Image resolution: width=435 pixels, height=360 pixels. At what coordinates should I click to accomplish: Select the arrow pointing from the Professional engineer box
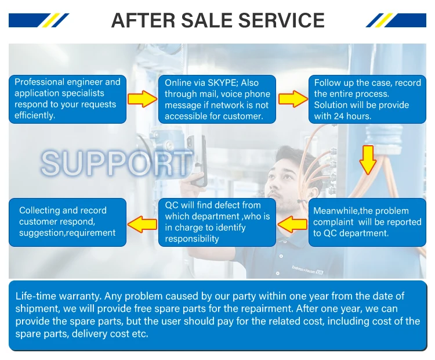click(x=142, y=98)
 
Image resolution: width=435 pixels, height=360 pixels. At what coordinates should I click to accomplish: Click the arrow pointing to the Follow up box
click(x=292, y=98)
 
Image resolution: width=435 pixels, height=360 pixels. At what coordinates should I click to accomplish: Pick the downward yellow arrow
click(x=368, y=160)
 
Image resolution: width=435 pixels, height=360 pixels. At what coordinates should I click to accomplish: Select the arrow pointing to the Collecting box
click(x=142, y=222)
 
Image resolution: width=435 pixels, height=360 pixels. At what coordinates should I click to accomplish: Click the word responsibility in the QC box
click(x=192, y=239)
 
